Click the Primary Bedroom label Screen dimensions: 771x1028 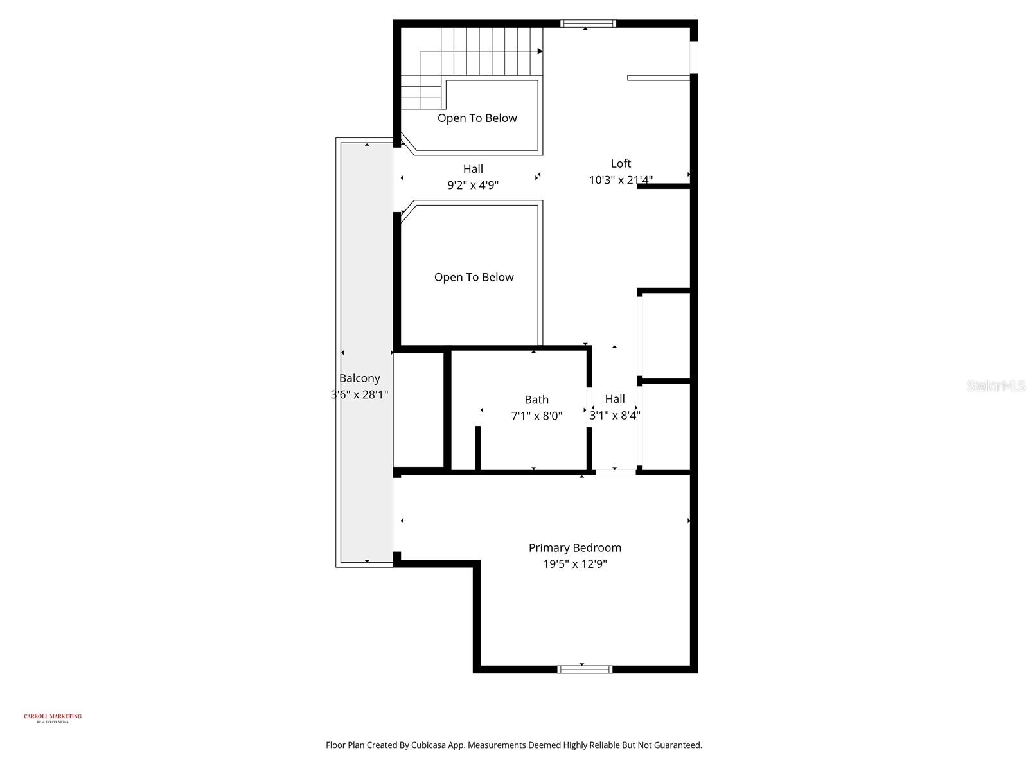(x=574, y=547)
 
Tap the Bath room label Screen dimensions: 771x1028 (x=536, y=400)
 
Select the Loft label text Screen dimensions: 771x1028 (x=621, y=163)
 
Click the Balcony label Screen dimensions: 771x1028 (x=360, y=378)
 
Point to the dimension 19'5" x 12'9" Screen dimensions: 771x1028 (x=574, y=564)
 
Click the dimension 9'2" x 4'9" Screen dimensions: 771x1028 (x=473, y=185)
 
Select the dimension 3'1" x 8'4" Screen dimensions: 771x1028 (x=615, y=415)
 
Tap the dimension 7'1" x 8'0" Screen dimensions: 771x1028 (x=536, y=416)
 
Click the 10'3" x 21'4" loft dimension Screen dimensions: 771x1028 (x=621, y=180)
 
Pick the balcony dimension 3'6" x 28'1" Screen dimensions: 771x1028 (x=360, y=394)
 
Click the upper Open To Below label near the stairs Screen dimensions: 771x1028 (x=477, y=118)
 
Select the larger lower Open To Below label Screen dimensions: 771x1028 (x=474, y=277)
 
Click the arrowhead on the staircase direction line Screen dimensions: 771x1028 (x=540, y=51)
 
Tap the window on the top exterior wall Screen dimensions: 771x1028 (x=588, y=24)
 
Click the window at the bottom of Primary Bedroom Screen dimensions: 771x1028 (x=585, y=669)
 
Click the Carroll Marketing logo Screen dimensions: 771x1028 (x=53, y=718)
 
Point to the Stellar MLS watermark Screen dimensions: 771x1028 (x=996, y=385)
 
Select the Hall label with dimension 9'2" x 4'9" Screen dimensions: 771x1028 (x=473, y=169)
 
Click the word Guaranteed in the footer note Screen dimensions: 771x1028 (x=677, y=745)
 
